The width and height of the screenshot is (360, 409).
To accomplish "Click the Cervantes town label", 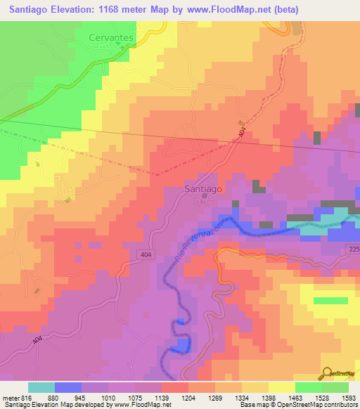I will (111, 37).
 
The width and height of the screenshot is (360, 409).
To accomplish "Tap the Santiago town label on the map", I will (203, 188).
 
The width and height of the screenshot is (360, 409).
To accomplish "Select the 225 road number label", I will (353, 249).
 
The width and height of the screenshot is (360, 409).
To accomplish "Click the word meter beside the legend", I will (8, 397).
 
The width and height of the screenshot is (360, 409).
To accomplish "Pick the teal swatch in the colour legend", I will (41, 387).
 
